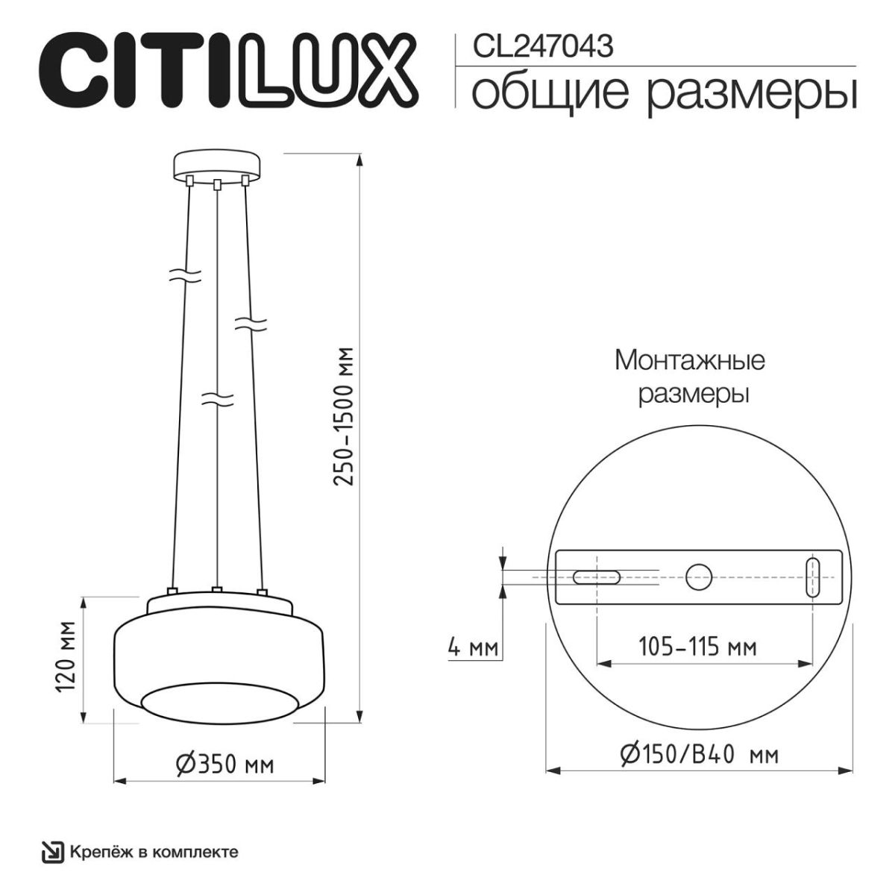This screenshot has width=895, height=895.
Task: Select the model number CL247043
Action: pos(544,47)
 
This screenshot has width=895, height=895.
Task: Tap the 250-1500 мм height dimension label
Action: pos(342,417)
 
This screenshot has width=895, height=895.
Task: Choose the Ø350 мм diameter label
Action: pos(224,764)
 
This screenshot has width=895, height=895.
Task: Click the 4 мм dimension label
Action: pos(472,647)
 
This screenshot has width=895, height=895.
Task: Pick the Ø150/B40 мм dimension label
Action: pos(699,755)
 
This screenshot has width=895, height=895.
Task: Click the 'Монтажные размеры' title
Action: pos(690,377)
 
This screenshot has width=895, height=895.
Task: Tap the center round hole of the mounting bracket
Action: pos(700,577)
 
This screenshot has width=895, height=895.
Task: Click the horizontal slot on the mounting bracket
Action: pos(595,577)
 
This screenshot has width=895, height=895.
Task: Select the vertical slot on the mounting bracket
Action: pos(813,577)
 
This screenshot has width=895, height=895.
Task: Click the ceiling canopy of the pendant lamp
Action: pos(218,166)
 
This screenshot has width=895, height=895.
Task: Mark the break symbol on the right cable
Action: pos(251,323)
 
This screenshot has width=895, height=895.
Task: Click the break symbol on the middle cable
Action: pos(217,399)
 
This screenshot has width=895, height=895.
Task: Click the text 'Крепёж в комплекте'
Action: pos(154,851)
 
